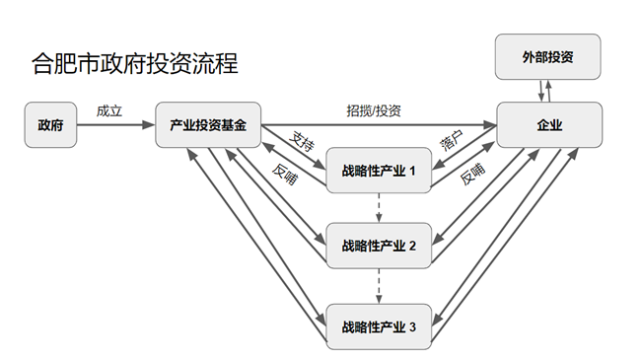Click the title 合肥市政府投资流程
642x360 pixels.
click(134, 65)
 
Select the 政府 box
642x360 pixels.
click(49, 125)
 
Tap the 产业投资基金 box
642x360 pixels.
click(208, 125)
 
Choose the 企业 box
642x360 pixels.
click(549, 125)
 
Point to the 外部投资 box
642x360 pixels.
click(547, 58)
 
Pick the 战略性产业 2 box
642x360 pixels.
click(380, 246)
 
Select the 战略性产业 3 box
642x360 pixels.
click(380, 326)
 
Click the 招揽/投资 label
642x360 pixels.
click(374, 109)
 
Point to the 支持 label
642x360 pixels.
click(304, 138)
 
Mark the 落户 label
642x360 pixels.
click(452, 141)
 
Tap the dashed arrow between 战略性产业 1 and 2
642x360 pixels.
click(380, 207)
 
